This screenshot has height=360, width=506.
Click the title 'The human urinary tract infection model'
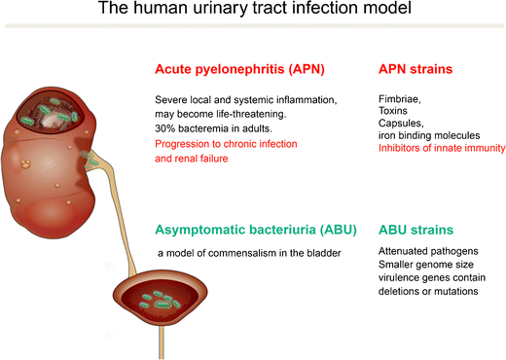click(253, 14)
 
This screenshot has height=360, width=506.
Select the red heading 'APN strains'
click(416, 71)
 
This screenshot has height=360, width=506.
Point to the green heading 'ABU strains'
click(417, 231)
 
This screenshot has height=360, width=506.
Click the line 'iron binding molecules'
click(428, 135)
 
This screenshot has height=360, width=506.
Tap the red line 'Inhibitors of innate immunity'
click(441, 148)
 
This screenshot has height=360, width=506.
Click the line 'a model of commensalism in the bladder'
click(252, 254)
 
